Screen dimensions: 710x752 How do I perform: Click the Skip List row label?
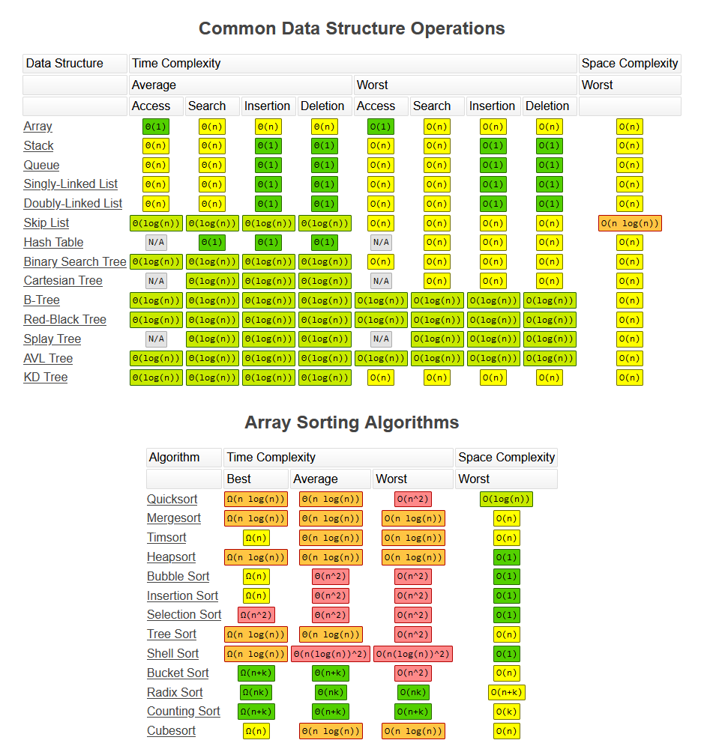46,223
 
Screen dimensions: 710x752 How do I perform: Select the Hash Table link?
53,242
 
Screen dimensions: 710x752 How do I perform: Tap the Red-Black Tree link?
64,319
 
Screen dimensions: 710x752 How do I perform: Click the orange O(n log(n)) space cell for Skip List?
630,223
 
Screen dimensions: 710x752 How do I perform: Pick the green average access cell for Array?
156,127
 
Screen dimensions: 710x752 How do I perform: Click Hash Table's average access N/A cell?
156,242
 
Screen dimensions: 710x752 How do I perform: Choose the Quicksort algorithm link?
172,500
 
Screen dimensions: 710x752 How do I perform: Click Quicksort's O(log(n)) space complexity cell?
507,500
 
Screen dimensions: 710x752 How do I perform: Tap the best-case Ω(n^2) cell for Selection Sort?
256,615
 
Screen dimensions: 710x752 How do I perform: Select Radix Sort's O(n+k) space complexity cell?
507,692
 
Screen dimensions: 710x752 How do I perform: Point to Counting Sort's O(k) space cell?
507,712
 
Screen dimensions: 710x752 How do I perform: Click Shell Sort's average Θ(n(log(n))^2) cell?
331,654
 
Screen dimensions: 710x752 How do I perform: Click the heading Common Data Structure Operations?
352,28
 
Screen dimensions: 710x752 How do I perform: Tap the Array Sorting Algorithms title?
352,422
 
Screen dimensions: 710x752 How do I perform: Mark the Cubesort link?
171,731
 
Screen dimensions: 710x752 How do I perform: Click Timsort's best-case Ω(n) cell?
256,538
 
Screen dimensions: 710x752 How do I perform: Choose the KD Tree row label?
46,377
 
